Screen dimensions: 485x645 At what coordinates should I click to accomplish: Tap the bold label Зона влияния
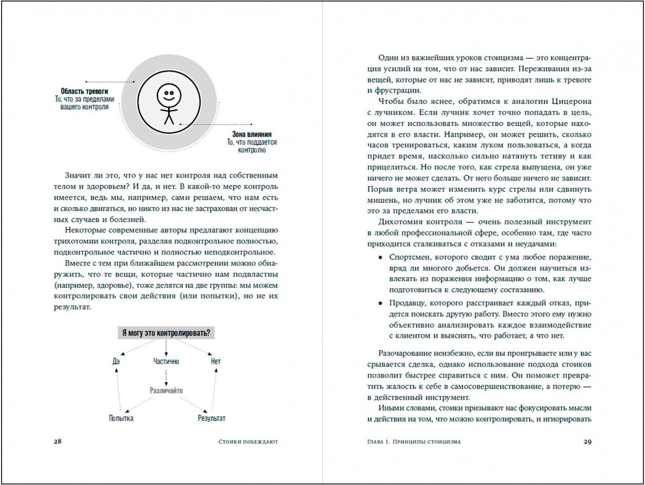pos(252,134)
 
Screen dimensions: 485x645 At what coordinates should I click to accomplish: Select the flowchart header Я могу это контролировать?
pos(166,333)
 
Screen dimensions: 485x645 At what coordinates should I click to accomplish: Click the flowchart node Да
pos(116,361)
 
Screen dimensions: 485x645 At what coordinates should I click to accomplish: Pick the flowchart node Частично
pos(166,361)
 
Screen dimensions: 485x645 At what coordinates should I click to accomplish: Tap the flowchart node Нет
pos(216,361)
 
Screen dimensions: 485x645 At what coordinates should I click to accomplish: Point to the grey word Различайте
pos(166,391)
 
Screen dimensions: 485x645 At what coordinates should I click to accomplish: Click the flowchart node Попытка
pos(121,418)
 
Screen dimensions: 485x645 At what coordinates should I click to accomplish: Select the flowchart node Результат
pos(211,418)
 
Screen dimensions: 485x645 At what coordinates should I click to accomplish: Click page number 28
pos(58,441)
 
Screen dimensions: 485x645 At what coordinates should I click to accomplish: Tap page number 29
pos(587,441)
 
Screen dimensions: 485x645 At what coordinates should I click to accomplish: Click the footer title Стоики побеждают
pos(248,441)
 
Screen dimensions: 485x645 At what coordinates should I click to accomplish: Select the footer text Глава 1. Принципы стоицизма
pos(414,441)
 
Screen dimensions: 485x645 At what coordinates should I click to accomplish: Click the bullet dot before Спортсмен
pos(380,258)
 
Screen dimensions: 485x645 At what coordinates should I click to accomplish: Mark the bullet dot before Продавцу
pos(380,303)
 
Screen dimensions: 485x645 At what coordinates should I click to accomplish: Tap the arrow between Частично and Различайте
pos(166,376)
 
